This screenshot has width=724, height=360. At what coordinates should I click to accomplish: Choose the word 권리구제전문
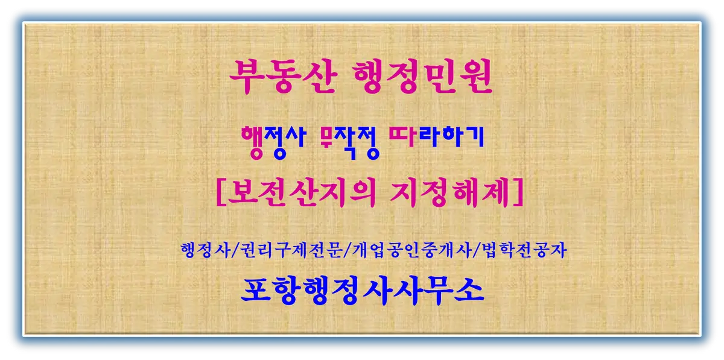286,250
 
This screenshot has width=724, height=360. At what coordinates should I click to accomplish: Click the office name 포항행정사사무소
362,292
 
